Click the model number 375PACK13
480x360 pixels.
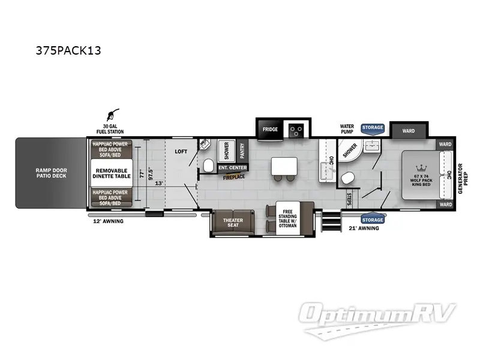tap(68, 50)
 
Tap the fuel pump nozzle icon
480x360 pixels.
tap(113, 114)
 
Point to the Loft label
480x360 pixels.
tap(181, 152)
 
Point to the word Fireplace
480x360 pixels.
tap(234, 178)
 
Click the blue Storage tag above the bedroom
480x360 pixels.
tap(372, 128)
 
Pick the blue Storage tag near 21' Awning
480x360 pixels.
tap(372, 220)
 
